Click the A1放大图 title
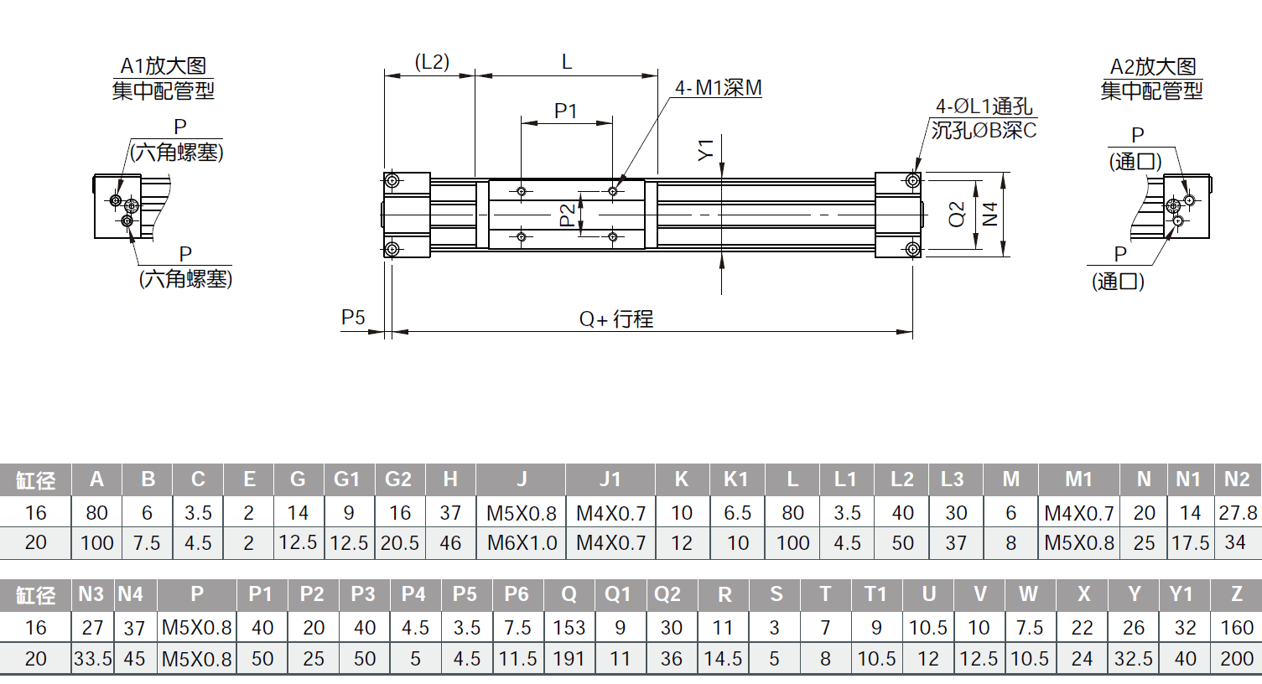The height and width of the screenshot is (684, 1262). pos(164,66)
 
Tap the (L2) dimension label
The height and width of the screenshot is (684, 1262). pos(432,62)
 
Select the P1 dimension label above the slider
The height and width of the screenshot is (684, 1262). pos(566,111)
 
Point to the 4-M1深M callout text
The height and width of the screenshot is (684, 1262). pos(719,88)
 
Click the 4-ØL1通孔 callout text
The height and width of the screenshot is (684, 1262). pos(984,106)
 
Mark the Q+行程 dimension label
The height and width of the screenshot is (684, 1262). pos(616,319)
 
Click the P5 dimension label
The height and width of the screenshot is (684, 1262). pos(353,318)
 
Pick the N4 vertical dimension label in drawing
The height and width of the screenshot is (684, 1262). pos(990,214)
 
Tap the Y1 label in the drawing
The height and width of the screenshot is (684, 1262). pos(706,150)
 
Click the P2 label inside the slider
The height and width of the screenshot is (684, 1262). pos(568,215)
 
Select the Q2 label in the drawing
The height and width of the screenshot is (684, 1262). pos(957,214)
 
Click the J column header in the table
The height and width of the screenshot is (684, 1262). pos(522,479)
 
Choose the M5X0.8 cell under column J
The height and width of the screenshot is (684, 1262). pos(522,513)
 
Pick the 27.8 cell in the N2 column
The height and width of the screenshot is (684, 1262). pos(1238,513)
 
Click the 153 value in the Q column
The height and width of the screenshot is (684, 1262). pos(569,628)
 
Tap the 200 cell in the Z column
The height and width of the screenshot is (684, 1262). pos(1237,659)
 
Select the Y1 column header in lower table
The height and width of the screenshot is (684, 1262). pos(1181,594)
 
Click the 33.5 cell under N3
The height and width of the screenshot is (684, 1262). pos(92,659)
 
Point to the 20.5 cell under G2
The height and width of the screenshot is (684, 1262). pos(399,543)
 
